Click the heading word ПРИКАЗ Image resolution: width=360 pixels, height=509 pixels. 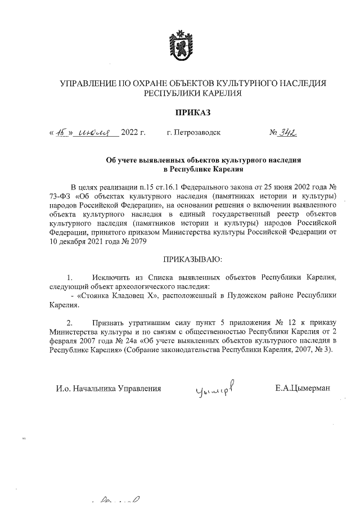tap(180, 113)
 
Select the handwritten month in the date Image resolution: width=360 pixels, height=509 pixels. tap(94, 133)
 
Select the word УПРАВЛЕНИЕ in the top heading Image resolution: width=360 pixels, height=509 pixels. tap(87, 84)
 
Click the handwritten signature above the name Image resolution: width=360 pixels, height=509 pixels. tap(215, 388)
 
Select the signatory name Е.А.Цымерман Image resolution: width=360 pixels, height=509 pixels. tap(303, 388)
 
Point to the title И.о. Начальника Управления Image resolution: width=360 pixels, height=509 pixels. tap(109, 388)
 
